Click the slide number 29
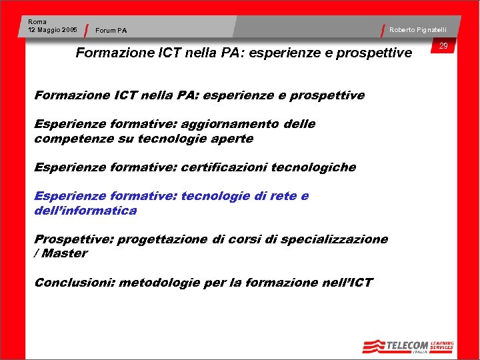click(x=443, y=46)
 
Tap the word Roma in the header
click(x=37, y=22)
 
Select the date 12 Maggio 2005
click(x=53, y=30)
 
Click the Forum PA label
click(x=111, y=30)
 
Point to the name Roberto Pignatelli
click(x=418, y=30)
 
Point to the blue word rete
click(x=283, y=196)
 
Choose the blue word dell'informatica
click(x=85, y=211)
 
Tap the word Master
click(x=65, y=253)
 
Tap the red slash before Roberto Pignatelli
click(x=385, y=30)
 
